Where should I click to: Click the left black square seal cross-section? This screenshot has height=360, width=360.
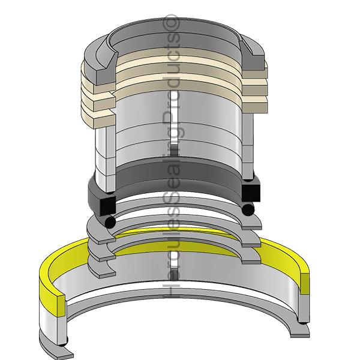(108, 205)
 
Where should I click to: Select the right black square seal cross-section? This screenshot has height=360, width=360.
(251, 192)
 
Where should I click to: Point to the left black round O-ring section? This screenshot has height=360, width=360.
(110, 222)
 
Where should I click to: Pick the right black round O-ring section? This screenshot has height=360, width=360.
(248, 209)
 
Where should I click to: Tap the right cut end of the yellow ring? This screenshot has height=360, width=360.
(305, 283)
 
